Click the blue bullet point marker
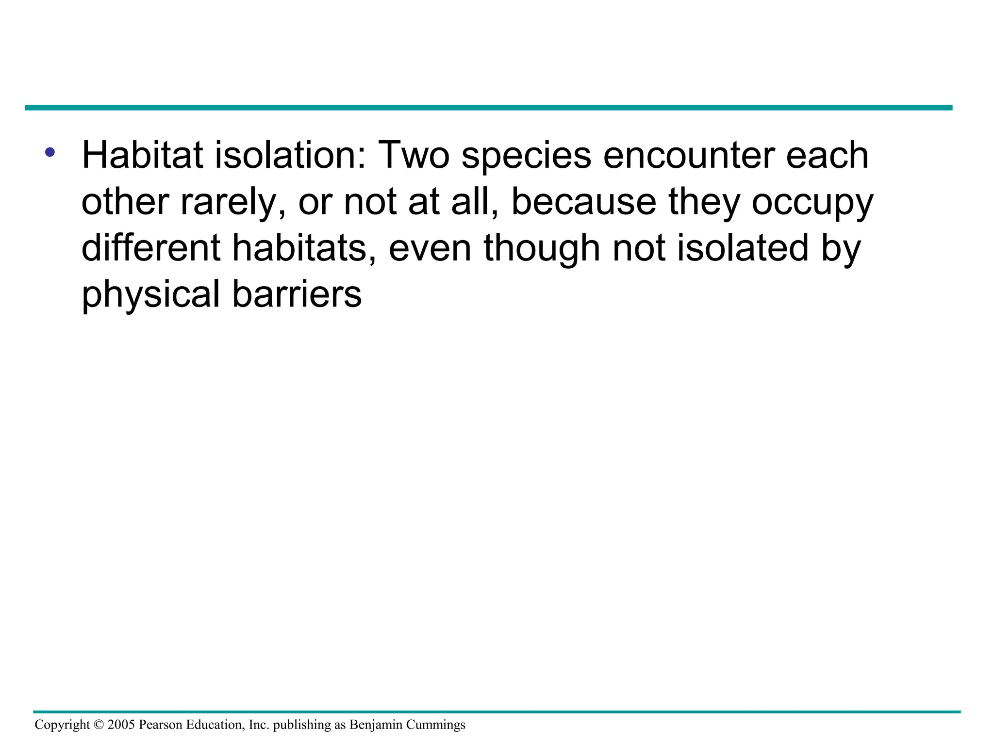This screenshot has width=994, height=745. coord(50,153)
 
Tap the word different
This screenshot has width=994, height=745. coord(150,248)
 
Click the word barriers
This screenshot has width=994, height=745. coord(297,294)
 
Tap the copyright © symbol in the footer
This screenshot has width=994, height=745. coord(99,725)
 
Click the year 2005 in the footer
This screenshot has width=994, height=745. coord(121,725)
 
